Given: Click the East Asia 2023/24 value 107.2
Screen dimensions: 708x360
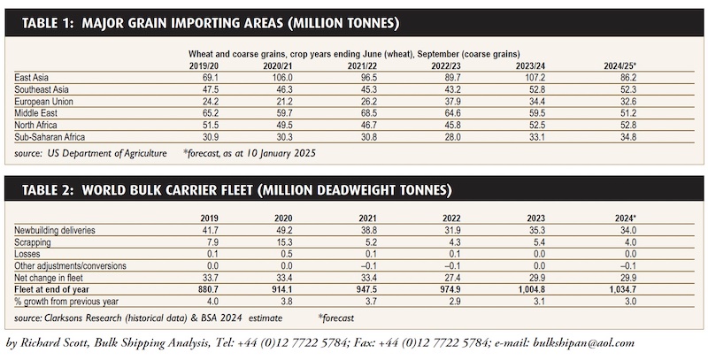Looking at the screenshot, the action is pyautogui.click(x=535, y=78).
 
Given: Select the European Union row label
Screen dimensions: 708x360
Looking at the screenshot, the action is pyautogui.click(x=43, y=102).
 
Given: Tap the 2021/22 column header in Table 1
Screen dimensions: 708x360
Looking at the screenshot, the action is pyautogui.click(x=362, y=65).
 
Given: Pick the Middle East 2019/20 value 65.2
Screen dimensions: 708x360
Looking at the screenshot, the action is pyautogui.click(x=211, y=113).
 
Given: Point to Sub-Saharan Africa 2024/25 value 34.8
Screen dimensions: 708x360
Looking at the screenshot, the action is pyautogui.click(x=628, y=137).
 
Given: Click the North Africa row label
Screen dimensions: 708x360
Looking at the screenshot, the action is pyautogui.click(x=35, y=125).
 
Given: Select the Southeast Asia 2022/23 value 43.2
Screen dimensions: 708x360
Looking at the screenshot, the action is pyautogui.click(x=452, y=89).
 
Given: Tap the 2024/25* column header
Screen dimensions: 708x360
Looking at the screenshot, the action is pyautogui.click(x=620, y=65).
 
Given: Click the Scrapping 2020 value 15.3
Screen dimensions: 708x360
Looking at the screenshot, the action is pyautogui.click(x=284, y=242).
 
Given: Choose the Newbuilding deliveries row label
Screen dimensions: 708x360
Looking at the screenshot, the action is pyautogui.click(x=55, y=230).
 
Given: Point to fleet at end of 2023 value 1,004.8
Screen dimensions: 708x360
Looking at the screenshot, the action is pyautogui.click(x=532, y=289).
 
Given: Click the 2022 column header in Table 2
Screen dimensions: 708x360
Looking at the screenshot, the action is pyautogui.click(x=451, y=218).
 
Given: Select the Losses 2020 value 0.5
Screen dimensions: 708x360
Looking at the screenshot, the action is pyautogui.click(x=287, y=254).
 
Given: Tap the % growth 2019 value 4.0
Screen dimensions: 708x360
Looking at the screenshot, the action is pyautogui.click(x=213, y=302).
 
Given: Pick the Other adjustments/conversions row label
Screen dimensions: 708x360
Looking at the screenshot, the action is pyautogui.click(x=70, y=265).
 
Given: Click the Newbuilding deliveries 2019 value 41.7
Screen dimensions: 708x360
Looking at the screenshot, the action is pyautogui.click(x=211, y=230).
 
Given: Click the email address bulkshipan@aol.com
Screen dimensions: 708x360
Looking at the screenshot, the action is pyautogui.click(x=583, y=343).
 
